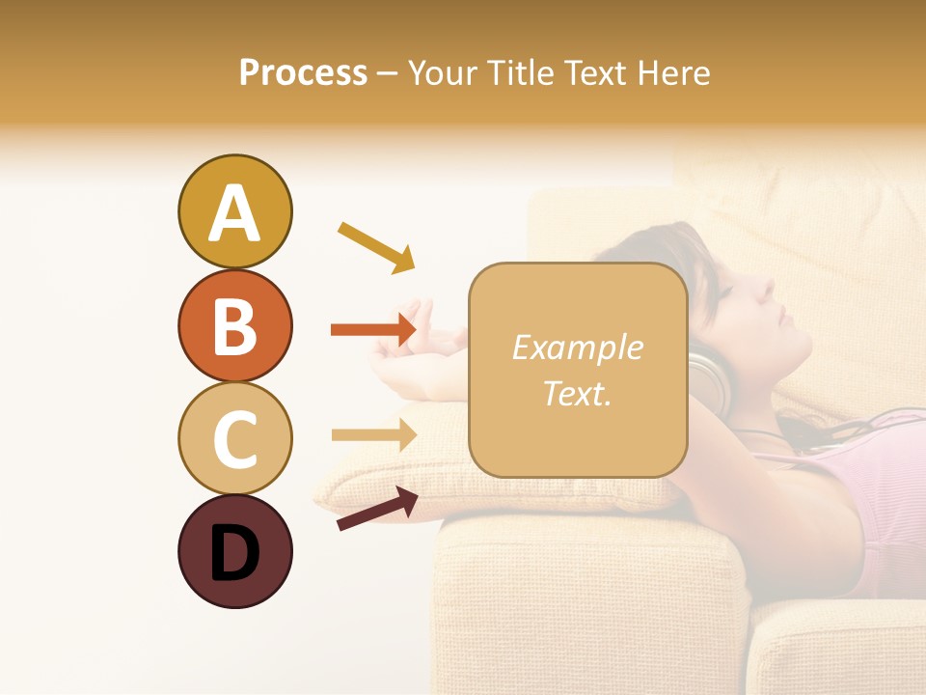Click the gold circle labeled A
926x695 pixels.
click(234, 211)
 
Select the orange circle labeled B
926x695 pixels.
click(234, 325)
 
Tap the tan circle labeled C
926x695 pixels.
click(234, 438)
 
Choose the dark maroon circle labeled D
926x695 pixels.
click(234, 552)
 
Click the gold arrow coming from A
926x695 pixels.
click(376, 246)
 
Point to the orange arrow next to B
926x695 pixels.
click(372, 330)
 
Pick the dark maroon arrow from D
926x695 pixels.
click(377, 509)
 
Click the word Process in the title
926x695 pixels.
click(303, 73)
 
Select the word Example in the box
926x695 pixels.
click(577, 347)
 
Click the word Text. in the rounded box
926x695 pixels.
click(577, 393)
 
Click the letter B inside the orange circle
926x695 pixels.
click(234, 326)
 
